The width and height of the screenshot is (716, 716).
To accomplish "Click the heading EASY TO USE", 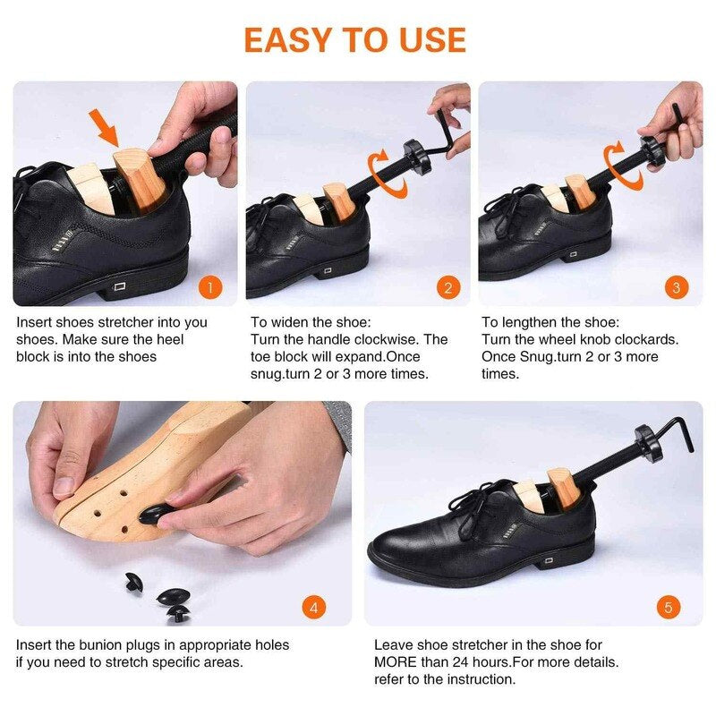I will click(x=354, y=40).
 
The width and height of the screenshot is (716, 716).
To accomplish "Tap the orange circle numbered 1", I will click(x=209, y=287).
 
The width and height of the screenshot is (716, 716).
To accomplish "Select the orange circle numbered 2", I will click(x=448, y=287).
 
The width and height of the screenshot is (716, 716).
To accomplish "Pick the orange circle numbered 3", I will click(x=676, y=287).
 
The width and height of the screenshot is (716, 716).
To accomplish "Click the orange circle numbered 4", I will click(x=312, y=608).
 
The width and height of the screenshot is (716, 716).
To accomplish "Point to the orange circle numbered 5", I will click(x=668, y=608).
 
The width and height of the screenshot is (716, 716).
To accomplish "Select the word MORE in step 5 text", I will click(x=397, y=661).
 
